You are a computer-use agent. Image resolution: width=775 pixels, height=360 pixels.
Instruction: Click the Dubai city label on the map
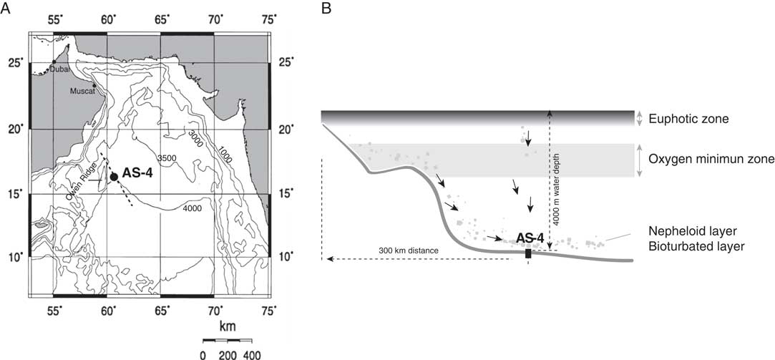click(x=59, y=69)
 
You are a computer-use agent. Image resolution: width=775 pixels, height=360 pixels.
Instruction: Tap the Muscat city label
click(x=81, y=92)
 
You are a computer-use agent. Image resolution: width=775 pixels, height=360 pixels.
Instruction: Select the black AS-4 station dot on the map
click(x=114, y=177)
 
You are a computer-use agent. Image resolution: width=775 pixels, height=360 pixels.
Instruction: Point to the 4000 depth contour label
click(x=192, y=209)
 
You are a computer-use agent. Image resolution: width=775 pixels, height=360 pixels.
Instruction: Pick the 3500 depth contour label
click(x=167, y=158)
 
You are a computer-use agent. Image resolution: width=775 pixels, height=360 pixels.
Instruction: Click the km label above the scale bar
click(x=227, y=326)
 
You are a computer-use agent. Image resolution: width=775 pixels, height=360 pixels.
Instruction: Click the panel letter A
click(x=6, y=8)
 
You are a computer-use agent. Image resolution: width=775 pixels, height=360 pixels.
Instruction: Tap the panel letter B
click(x=326, y=8)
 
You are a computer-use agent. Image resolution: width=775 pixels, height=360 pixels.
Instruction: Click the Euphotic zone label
click(x=682, y=119)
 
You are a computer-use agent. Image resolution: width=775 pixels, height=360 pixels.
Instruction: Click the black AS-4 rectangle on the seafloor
click(x=528, y=253)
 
